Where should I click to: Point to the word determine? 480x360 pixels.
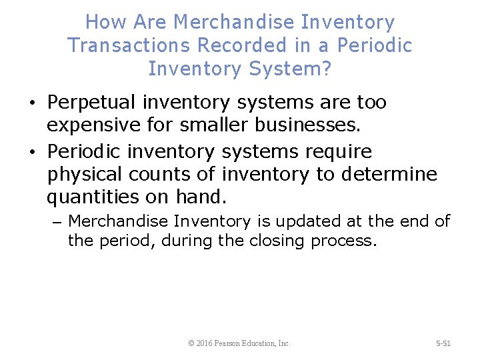click(x=389, y=175)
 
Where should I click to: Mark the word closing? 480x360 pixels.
click(x=278, y=240)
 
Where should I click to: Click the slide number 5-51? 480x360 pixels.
click(x=443, y=343)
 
